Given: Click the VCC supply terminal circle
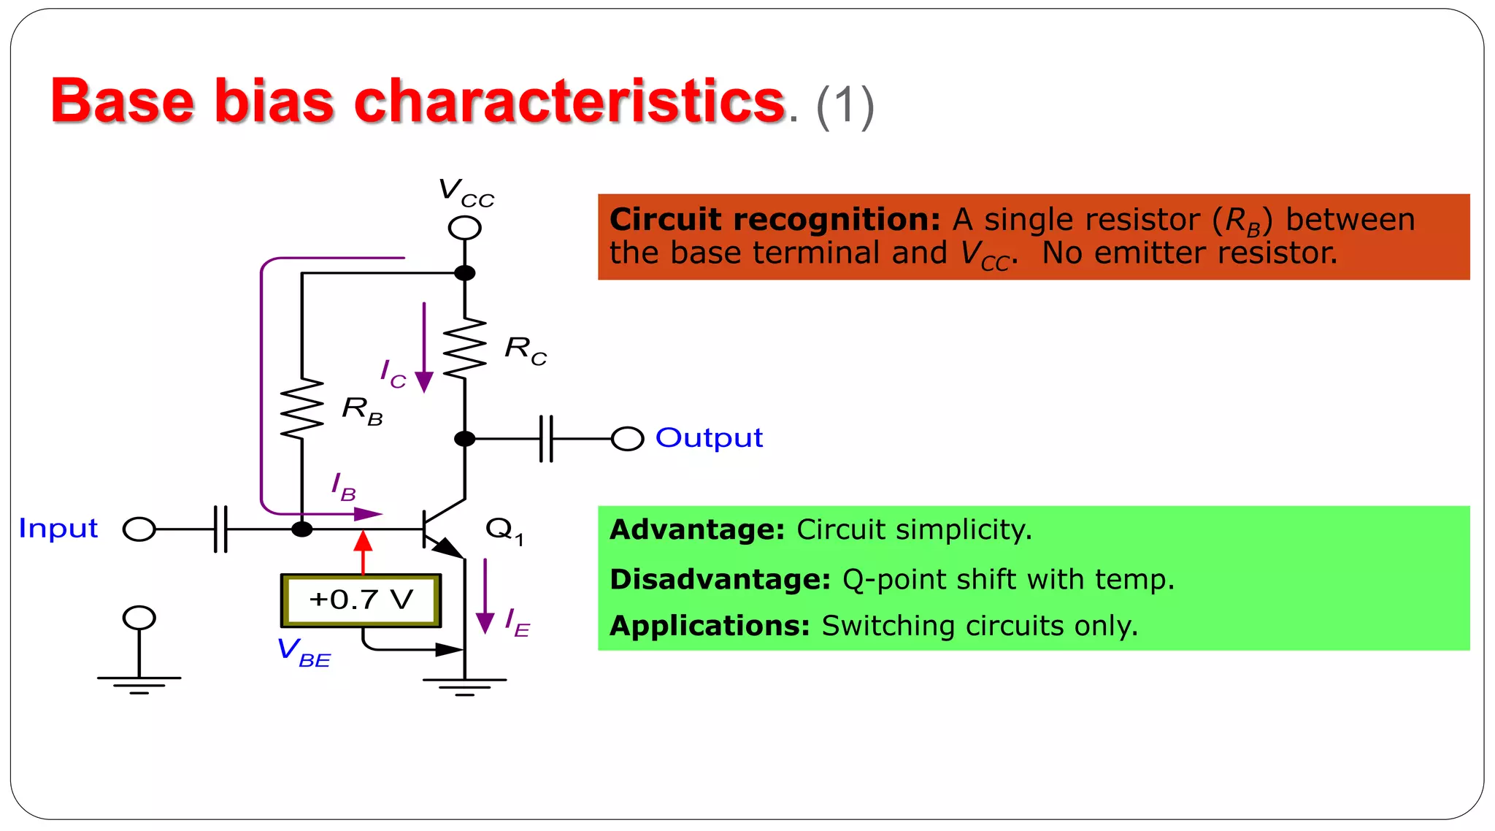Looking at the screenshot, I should click(x=464, y=228).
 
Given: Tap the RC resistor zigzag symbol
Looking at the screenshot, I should click(x=464, y=348).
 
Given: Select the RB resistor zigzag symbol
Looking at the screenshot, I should click(x=301, y=409).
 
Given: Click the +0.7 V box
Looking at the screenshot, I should click(x=361, y=600).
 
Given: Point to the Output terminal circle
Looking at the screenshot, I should click(x=627, y=439).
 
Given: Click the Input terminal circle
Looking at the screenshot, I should click(x=139, y=529).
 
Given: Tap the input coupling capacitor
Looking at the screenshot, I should click(x=220, y=529).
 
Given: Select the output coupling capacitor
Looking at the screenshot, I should click(x=546, y=439).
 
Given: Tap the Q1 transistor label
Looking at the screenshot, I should click(x=504, y=529).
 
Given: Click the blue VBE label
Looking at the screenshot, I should click(x=304, y=651).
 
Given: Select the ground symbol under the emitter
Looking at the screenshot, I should click(x=464, y=686).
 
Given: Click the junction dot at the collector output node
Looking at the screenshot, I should click(x=464, y=439).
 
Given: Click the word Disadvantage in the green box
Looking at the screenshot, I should click(x=720, y=579).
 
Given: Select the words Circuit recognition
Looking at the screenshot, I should click(x=775, y=219).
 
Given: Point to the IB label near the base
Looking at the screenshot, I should click(x=343, y=486).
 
